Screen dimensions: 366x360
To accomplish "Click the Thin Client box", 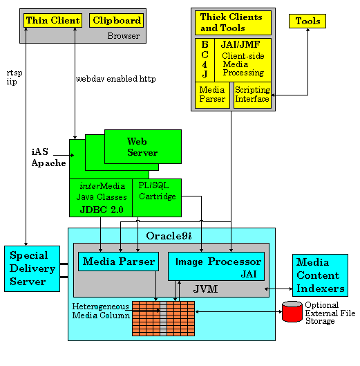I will (53, 21).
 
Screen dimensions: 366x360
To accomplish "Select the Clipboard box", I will (117, 21).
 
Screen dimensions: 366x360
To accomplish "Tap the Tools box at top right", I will (307, 21).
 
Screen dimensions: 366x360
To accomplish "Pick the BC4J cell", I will (205, 60).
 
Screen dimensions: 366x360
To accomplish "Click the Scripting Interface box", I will (252, 95).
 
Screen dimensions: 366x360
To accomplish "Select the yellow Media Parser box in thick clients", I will (212, 95).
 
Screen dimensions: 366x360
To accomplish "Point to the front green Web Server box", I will (142, 147).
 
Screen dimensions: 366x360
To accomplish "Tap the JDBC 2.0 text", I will (100, 209).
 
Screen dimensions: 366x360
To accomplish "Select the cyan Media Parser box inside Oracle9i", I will (117, 262).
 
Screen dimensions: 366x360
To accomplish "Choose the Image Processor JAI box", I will (218, 266).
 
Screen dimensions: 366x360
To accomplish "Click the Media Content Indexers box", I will (320, 275).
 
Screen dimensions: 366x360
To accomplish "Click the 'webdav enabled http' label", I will (115, 79).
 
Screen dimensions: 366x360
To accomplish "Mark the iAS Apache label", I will (48, 158).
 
